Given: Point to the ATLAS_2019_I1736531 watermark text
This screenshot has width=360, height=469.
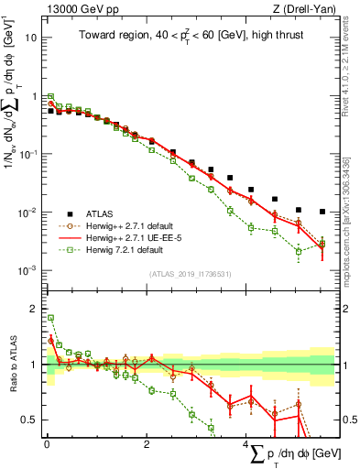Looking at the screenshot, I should tap(189, 274).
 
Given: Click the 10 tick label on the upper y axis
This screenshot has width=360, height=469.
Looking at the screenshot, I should tap(31, 38).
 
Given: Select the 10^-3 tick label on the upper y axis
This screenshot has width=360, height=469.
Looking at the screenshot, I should tap(27, 270).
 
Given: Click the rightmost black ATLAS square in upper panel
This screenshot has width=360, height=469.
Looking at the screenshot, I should tap(322, 212).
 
